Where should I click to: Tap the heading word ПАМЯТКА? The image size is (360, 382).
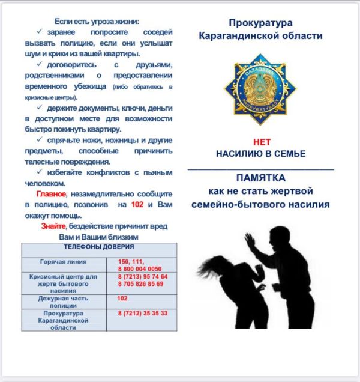click(260, 178)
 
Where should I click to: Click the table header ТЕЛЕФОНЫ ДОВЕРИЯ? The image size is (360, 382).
click(98, 247)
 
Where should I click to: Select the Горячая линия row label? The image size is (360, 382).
click(63, 262)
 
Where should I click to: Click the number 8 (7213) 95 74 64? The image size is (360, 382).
click(143, 276)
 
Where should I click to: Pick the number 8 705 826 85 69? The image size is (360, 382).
click(140, 283)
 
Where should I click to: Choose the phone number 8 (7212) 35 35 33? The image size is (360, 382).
click(143, 314)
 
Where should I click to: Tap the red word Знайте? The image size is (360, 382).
click(53, 226)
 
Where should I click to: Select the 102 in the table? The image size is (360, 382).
click(122, 298)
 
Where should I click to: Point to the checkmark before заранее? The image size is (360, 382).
click(40, 31)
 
